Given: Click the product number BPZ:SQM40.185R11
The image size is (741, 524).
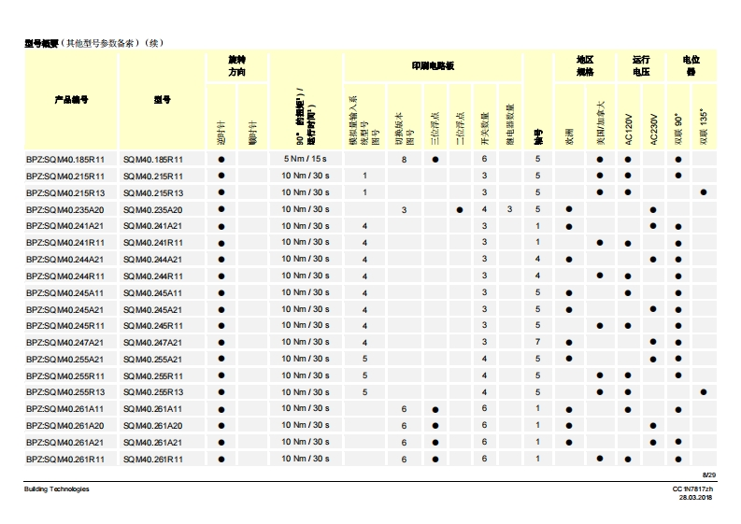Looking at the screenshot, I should click(65, 160).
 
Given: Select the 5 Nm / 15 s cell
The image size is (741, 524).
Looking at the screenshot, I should click(306, 159).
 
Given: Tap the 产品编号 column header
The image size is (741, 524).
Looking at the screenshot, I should click(71, 99).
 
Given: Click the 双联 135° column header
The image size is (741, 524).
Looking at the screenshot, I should click(703, 126).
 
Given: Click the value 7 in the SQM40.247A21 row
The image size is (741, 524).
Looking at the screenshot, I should click(538, 343).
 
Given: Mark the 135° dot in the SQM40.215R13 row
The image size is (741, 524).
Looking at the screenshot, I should click(703, 192).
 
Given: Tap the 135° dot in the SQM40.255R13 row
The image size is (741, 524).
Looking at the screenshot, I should click(703, 392).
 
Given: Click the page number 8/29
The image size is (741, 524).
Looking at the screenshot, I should click(708, 476).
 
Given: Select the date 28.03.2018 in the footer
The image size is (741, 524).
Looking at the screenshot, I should click(696, 498).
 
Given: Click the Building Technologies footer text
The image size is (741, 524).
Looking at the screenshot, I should click(57, 489).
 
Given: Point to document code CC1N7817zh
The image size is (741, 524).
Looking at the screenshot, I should click(692, 489).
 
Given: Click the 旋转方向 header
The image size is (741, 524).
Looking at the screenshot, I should click(237, 65).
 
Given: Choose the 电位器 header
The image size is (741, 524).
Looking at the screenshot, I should click(691, 65).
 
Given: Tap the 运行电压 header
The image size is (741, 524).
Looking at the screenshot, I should click(640, 65).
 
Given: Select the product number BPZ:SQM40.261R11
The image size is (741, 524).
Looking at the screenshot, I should click(65, 459).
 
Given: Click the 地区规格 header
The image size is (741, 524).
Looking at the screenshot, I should click(585, 65).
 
